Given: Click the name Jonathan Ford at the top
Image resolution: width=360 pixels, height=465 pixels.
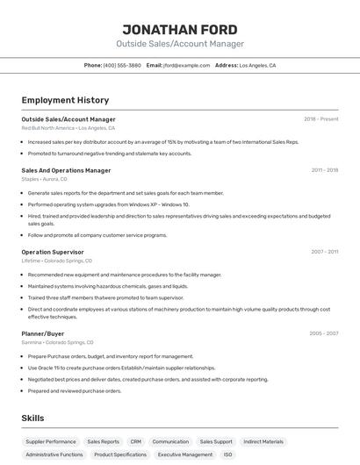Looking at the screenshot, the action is click(x=180, y=29).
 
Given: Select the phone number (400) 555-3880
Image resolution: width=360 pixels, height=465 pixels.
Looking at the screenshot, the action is click(x=122, y=65).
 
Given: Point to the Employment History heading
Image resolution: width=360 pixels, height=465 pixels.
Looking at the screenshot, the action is click(x=65, y=100).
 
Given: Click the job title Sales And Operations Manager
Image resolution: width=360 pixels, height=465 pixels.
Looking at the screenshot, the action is click(x=66, y=170).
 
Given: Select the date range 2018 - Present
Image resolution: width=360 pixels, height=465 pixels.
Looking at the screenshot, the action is click(x=320, y=119).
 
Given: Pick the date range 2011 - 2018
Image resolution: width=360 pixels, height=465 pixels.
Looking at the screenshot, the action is click(x=324, y=170).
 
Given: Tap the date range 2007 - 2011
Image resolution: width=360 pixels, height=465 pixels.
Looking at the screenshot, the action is click(x=324, y=252).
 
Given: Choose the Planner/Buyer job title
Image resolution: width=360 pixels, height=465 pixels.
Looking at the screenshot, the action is click(x=43, y=333).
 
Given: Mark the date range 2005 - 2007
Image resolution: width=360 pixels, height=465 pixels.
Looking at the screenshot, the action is click(x=323, y=333).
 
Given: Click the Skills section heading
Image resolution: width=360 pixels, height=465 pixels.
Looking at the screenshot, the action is click(x=32, y=418).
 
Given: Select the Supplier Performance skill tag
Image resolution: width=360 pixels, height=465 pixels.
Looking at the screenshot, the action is click(x=51, y=442).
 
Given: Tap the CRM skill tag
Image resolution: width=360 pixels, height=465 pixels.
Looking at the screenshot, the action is click(x=135, y=442).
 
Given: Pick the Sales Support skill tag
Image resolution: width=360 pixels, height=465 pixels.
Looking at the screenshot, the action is click(x=216, y=442).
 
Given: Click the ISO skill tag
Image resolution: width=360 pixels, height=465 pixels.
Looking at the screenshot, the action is click(x=228, y=455).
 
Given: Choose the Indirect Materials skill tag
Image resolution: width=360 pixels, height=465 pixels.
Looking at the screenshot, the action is click(x=263, y=442).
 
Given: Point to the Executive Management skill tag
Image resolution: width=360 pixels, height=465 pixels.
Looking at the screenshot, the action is click(x=185, y=455).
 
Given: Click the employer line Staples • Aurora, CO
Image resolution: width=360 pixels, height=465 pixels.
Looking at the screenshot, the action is click(x=44, y=179).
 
